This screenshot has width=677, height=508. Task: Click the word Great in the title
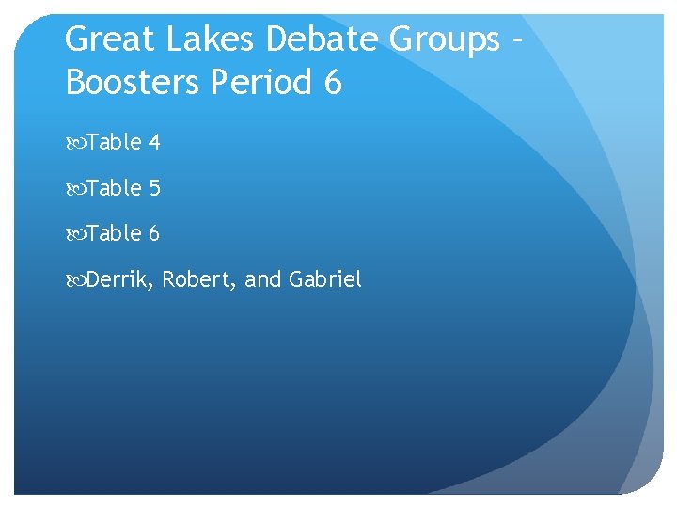point(110,40)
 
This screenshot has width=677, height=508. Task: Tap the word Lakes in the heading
point(211,40)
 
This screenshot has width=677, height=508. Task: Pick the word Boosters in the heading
point(132,83)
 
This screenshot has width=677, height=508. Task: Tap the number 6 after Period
point(332,83)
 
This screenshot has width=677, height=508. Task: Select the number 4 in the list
point(154,143)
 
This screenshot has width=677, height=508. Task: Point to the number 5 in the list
point(154,188)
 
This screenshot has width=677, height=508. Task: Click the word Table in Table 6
point(114,232)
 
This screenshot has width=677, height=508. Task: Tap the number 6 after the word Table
point(154,232)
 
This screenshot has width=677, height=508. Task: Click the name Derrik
point(119,279)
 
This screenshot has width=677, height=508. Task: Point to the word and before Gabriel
point(263,279)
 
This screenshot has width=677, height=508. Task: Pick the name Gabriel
point(325,279)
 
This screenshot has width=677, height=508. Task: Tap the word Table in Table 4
point(114,143)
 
